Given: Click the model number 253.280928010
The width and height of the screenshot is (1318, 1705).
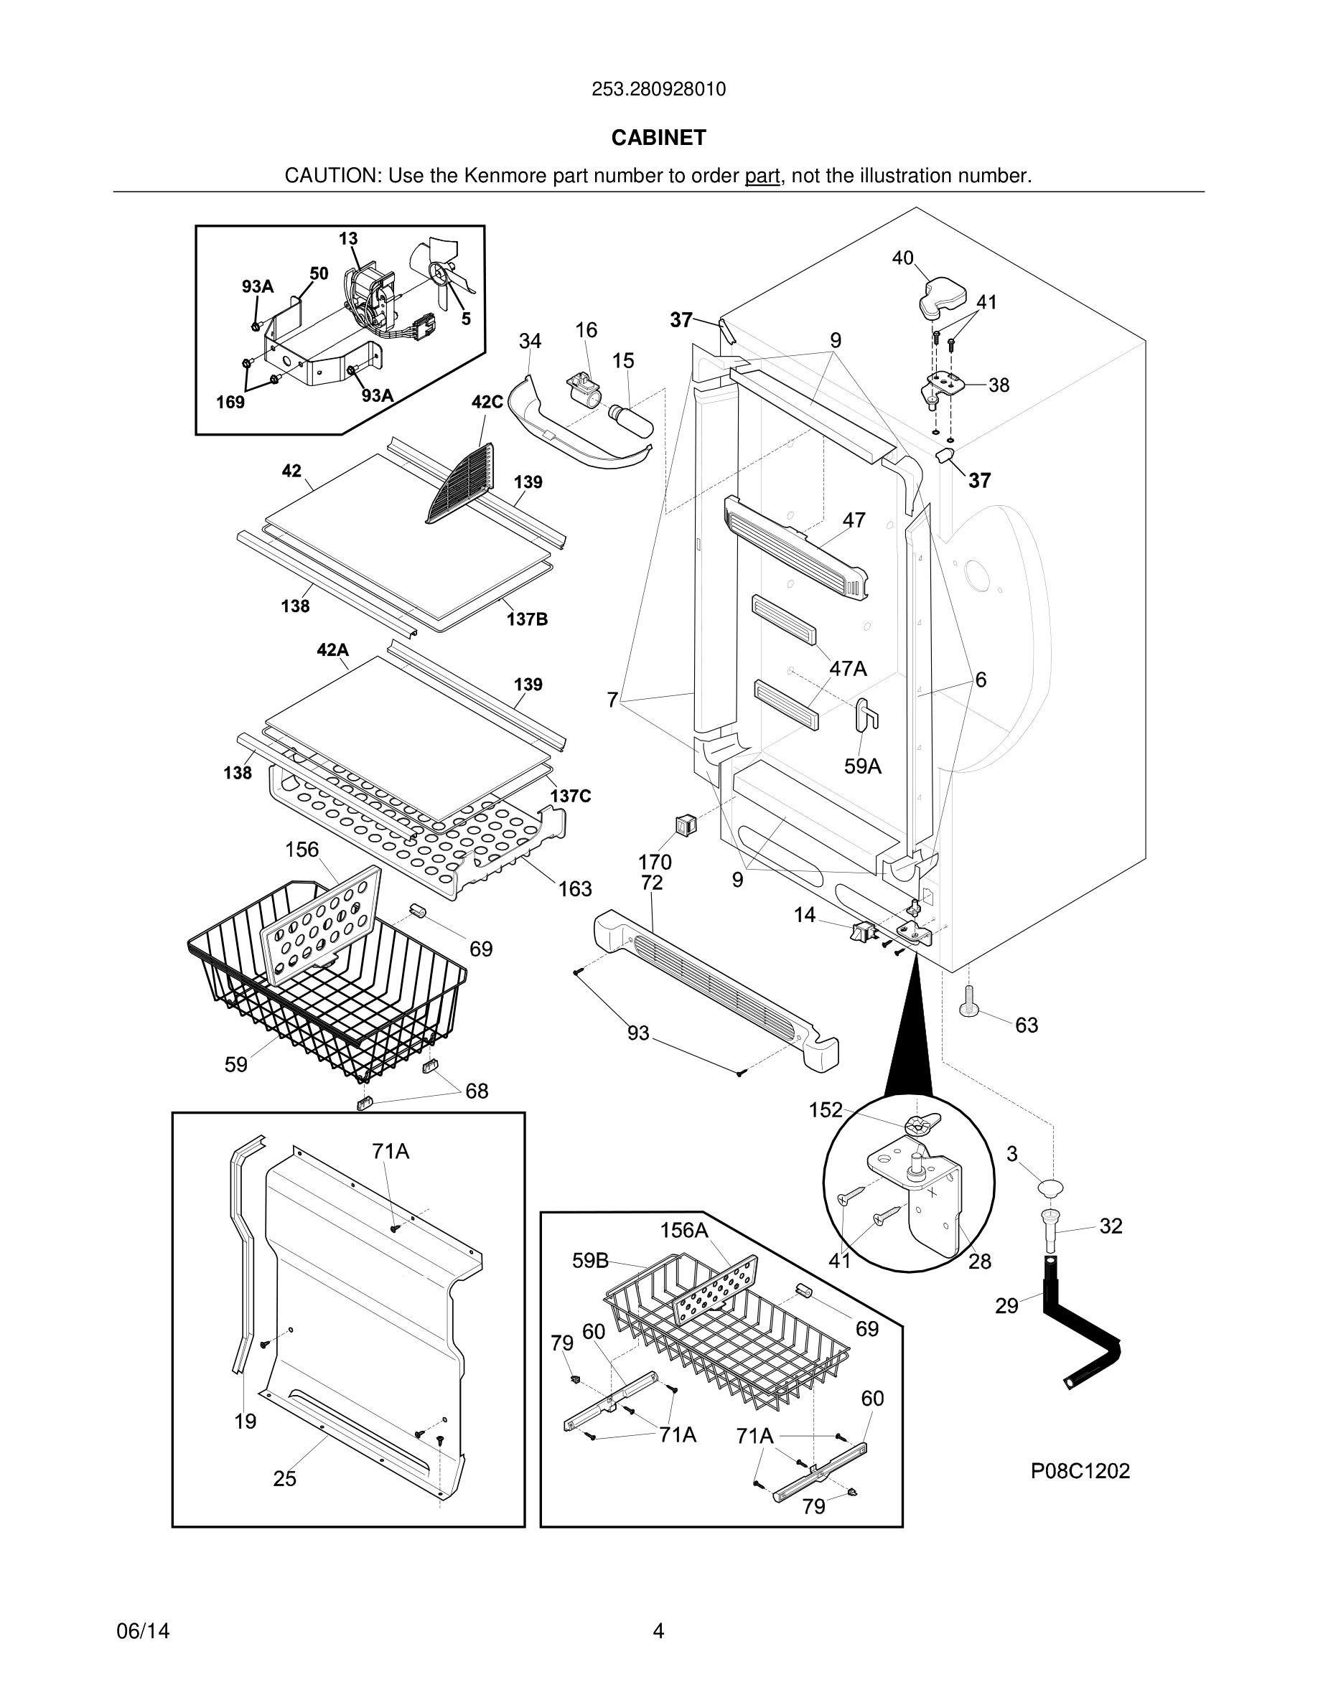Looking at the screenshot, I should [x=658, y=89].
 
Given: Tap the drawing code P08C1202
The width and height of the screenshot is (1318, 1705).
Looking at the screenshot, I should [x=1080, y=1471].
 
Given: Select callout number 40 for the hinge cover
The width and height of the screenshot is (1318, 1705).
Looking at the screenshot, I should [x=902, y=258].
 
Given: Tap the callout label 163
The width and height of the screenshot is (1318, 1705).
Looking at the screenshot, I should [x=575, y=888].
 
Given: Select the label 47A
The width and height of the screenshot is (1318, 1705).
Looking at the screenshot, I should [x=848, y=668].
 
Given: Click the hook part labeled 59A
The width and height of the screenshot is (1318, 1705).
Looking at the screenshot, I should [x=866, y=713].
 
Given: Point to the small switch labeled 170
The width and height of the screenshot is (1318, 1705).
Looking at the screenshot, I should [x=686, y=824].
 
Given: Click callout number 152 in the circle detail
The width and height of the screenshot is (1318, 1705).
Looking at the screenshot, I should [x=826, y=1109].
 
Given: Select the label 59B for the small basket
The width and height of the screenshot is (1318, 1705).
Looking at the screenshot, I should [x=590, y=1261].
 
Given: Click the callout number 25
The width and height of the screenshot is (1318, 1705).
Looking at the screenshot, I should [x=284, y=1479].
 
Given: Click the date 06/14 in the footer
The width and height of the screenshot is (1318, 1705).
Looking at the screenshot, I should [x=143, y=1631].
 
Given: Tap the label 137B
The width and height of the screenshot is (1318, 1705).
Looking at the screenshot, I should [x=527, y=619].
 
